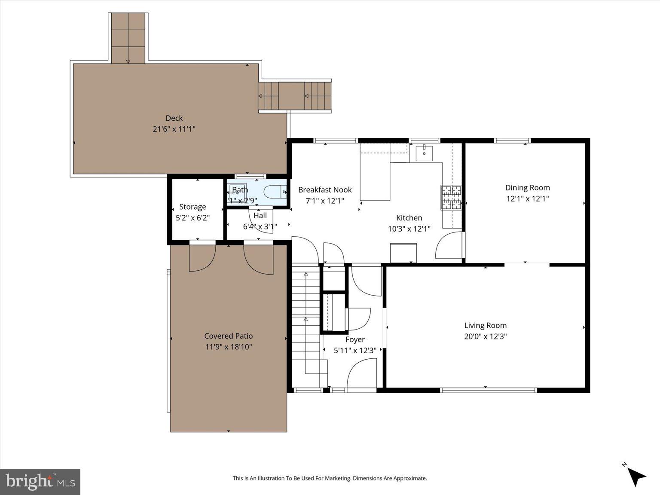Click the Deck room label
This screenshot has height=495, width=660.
[174, 118]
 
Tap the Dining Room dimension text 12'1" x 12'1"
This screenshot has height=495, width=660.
[527, 199]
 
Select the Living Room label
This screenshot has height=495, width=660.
[485, 326]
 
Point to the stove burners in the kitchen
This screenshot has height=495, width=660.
[451, 198]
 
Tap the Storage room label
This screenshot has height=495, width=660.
[192, 207]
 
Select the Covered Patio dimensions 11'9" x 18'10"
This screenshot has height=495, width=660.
[228, 347]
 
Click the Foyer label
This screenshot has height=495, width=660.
[355, 339]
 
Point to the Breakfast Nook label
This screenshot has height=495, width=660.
[325, 190]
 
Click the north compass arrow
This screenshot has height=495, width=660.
[635, 475]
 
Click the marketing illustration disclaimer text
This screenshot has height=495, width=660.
[330, 478]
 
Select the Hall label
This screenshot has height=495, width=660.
[260, 216]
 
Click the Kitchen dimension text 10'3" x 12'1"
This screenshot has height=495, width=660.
[409, 229]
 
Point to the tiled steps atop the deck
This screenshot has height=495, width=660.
[128, 38]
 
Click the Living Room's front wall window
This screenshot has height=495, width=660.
[488, 390]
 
